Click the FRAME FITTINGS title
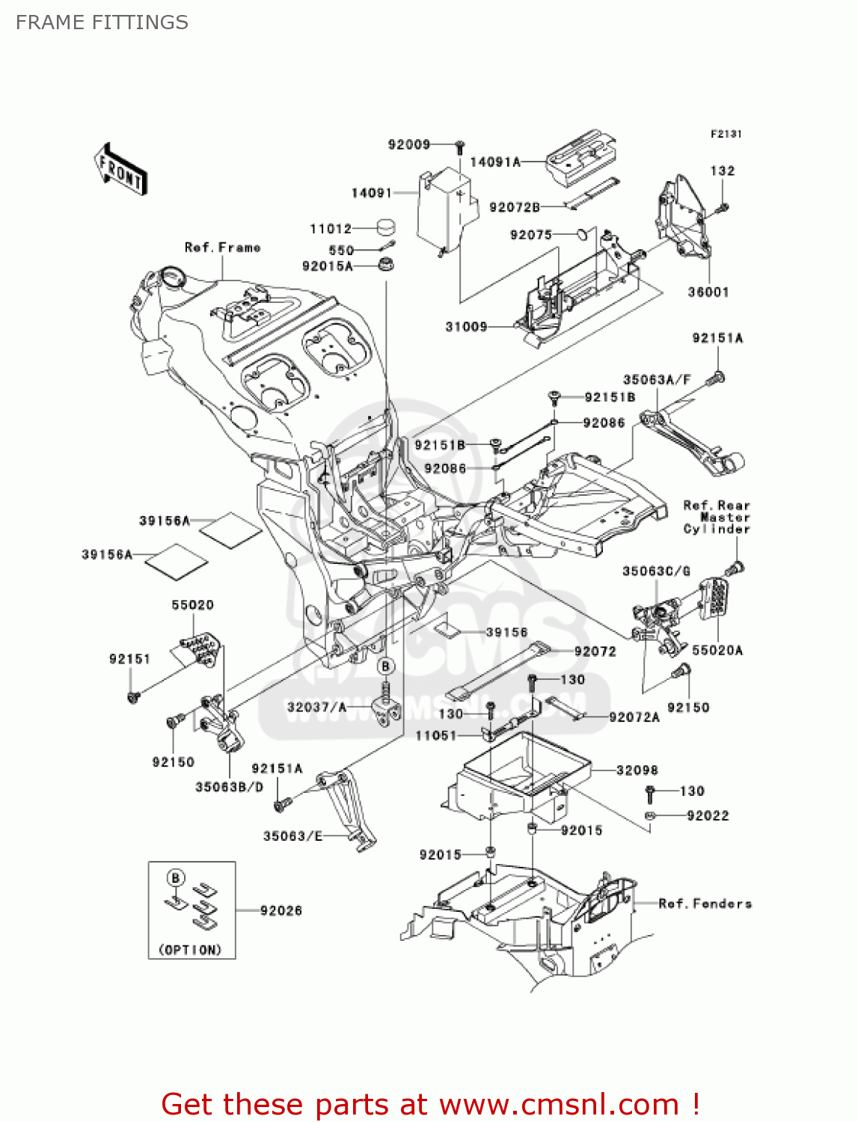pos(102,22)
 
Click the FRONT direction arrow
pos(120,170)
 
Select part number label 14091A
pos(494,162)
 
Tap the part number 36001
pos(708,292)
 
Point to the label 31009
pos(466,326)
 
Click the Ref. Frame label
pos(222,247)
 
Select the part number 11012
pos(330,229)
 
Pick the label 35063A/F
pos(657,380)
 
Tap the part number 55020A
pos(717,650)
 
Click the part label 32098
pos(637,770)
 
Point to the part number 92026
pos(281,910)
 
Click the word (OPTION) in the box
pos(191,949)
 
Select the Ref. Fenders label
pos(705,904)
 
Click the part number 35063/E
pos(292,836)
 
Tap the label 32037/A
pos(316,707)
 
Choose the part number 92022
pos(707,815)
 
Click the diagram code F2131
pos(726,134)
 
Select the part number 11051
pos(435,735)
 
